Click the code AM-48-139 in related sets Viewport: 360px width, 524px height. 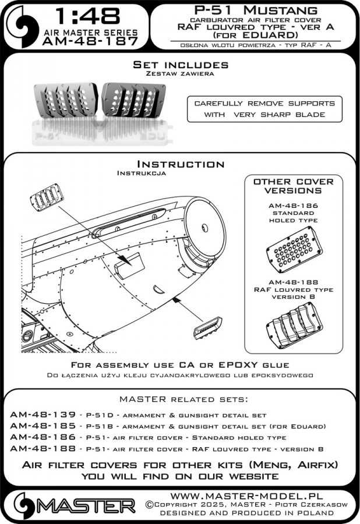pyautogui.click(x=43, y=415)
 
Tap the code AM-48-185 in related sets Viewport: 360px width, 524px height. pyautogui.click(x=43, y=427)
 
